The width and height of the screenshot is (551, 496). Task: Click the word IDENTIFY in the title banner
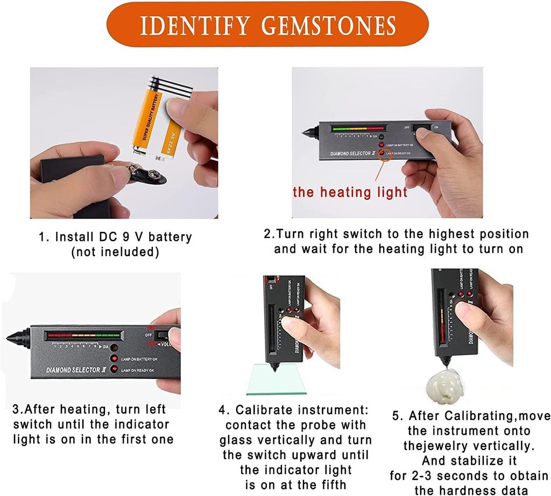coord(195,25)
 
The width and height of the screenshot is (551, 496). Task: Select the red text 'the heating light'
coord(350,192)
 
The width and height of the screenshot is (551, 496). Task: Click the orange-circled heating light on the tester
coord(383,154)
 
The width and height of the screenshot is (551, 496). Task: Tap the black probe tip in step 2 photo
coord(309,131)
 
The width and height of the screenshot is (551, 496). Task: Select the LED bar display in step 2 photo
coord(358,129)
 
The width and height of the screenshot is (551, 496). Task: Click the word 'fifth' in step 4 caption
coord(330,485)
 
